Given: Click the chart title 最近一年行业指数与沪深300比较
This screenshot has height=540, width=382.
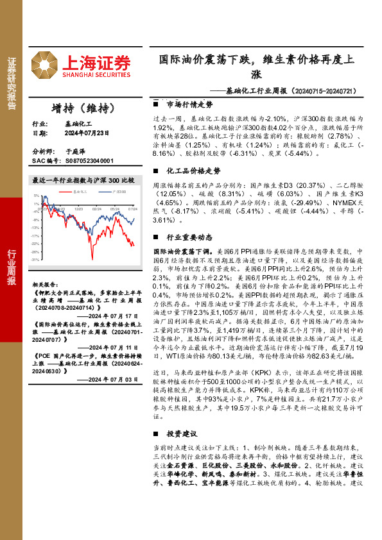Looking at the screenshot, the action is (83, 181).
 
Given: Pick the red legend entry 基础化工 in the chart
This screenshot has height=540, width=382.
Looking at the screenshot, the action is (80, 191).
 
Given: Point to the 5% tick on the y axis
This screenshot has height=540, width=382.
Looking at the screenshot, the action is (37, 194).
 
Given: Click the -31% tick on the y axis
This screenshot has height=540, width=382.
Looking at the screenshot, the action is (35, 260).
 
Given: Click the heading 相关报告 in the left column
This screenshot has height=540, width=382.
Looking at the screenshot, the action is (47, 283).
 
